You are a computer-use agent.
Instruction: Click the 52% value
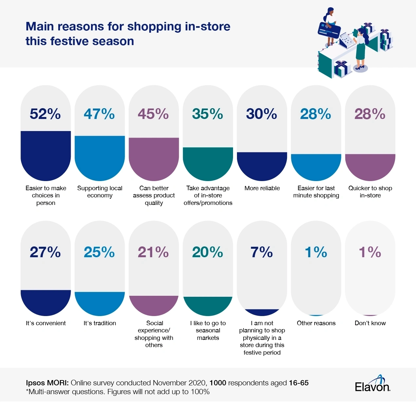tap(45, 114)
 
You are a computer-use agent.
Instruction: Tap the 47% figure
tap(99, 114)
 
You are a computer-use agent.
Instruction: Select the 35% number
tap(208, 114)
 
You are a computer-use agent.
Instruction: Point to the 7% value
tap(262, 252)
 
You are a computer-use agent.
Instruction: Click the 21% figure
tap(153, 252)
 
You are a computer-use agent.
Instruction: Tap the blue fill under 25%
tap(99, 303)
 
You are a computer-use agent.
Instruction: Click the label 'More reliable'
tap(262, 188)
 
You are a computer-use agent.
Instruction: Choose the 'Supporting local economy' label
tap(99, 192)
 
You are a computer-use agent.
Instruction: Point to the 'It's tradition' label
tap(99, 323)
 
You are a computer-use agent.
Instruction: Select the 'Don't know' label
tap(370, 323)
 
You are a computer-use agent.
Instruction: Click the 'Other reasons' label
tap(316, 323)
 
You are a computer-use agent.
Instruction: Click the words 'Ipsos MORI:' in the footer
tap(47, 383)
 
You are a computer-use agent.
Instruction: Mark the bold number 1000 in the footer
tap(218, 383)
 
